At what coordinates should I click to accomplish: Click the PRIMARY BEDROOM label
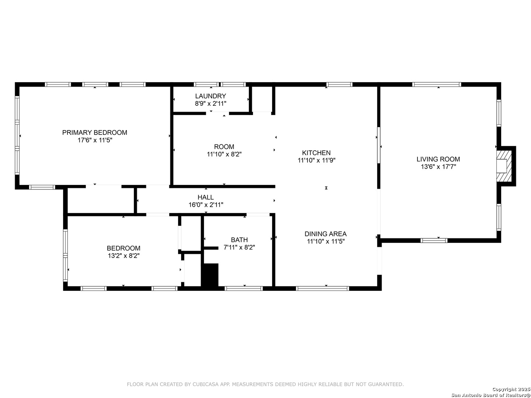(95, 132)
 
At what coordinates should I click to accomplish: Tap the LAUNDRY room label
(211, 96)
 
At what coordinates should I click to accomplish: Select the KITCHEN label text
(316, 153)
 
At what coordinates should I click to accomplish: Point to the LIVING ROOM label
(438, 159)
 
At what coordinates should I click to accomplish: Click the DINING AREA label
(325, 234)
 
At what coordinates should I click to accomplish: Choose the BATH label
(239, 240)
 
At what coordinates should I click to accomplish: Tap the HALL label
(206, 197)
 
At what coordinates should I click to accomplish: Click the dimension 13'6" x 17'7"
(438, 167)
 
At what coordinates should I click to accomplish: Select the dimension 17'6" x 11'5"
(95, 140)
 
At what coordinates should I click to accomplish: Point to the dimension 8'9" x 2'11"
(211, 104)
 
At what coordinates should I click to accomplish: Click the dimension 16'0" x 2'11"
(206, 205)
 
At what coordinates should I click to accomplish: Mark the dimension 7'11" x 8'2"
(239, 247)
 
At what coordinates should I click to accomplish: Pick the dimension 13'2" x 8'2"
(124, 255)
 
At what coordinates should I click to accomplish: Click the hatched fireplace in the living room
(504, 166)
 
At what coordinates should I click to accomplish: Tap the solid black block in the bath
(210, 275)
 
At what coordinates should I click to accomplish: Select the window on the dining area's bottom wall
(322, 288)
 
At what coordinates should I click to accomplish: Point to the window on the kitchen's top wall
(339, 84)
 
